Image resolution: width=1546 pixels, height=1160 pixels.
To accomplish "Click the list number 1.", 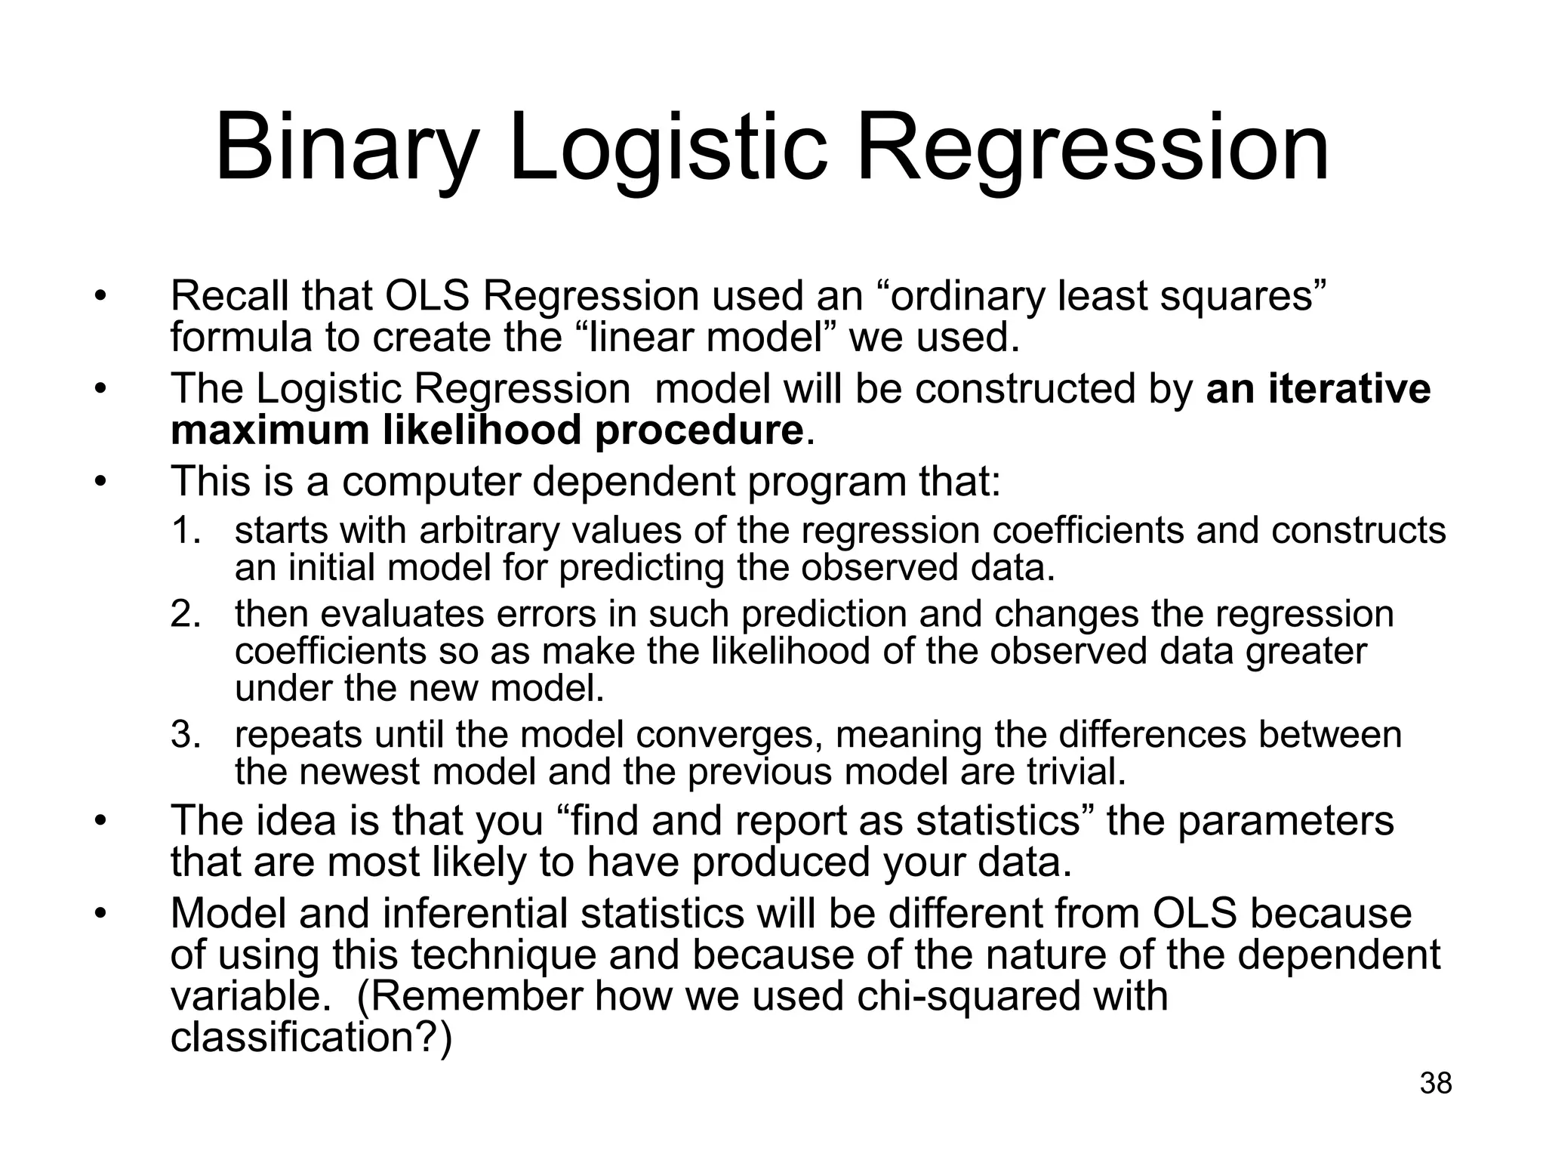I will point(184,531).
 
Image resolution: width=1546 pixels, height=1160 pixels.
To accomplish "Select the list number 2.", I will point(184,614).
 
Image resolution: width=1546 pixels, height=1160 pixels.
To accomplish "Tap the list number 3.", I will point(184,735).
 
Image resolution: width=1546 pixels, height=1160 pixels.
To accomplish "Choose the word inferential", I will point(475,913).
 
